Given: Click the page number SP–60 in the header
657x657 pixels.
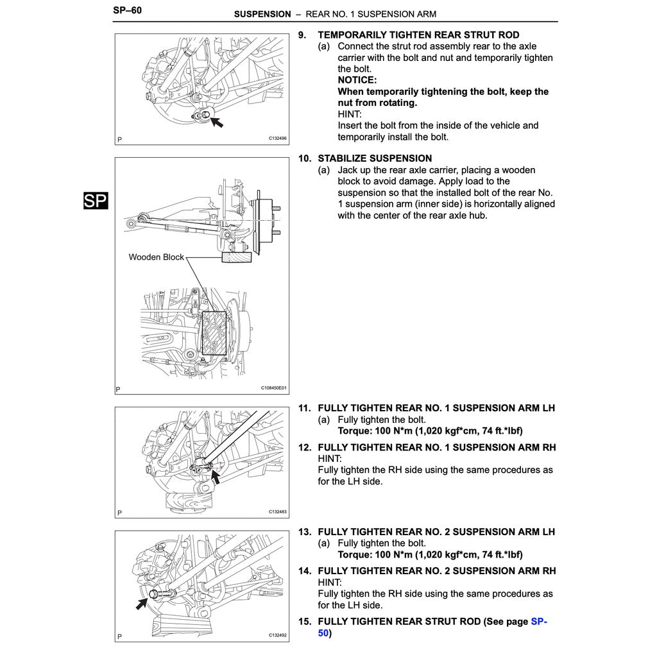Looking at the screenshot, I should (127, 11).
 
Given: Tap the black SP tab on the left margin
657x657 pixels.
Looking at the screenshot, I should (96, 201).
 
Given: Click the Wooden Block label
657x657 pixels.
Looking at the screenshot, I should (156, 257).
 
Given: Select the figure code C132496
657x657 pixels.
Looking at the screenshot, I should (277, 139).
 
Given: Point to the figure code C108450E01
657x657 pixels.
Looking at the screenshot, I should (274, 388).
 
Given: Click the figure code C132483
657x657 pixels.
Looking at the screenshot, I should (277, 512).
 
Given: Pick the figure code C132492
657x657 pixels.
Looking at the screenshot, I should (277, 636).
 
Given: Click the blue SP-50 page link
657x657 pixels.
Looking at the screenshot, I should (539, 622).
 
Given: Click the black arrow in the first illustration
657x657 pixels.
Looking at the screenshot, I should (216, 121).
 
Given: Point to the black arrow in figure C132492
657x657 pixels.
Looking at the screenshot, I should (142, 603).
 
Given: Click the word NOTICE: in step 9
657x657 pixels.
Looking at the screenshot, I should (357, 80).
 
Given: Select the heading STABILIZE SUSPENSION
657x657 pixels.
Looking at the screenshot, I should (375, 158).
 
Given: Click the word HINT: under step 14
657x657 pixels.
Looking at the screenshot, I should (330, 583).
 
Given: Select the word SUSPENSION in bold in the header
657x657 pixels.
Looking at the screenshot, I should (262, 14).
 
